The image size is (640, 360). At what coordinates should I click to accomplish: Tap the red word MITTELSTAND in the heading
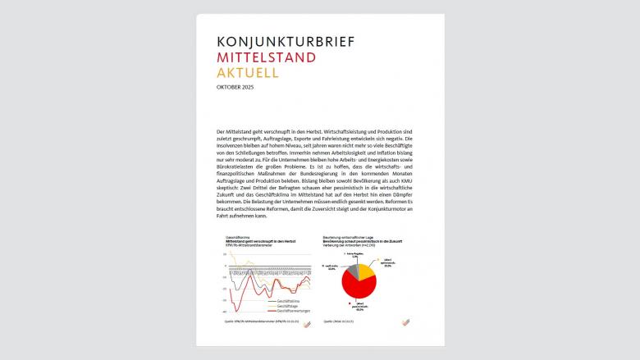pos(263,57)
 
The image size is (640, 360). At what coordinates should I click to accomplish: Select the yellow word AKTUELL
pos(247,72)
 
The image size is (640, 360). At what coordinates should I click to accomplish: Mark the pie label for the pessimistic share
pos(382,307)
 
